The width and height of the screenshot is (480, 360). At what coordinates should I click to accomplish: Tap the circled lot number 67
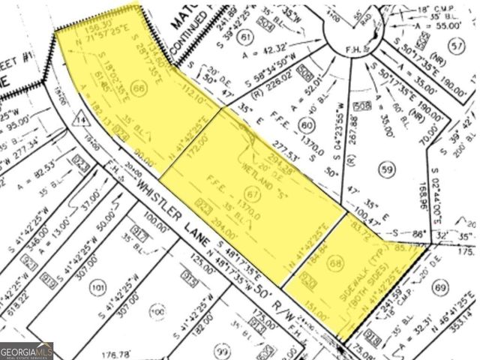253,196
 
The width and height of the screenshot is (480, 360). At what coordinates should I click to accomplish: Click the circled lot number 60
306,125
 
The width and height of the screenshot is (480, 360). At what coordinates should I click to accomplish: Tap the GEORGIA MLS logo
27,350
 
